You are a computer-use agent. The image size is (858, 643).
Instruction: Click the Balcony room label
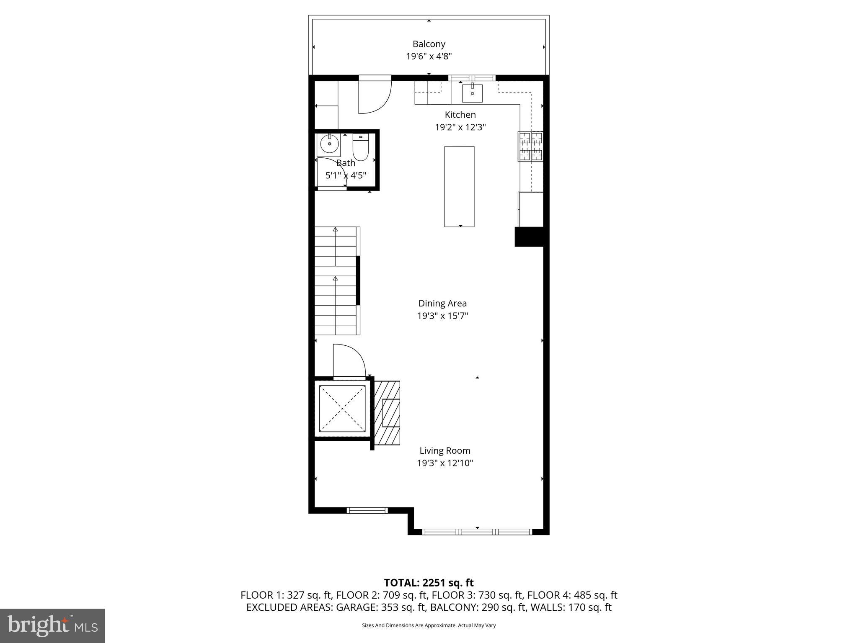[x=429, y=44]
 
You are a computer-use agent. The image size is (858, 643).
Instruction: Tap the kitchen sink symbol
[x=472, y=93]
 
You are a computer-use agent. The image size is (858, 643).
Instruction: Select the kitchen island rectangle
[x=459, y=187]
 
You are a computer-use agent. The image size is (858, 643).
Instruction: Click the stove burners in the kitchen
[x=530, y=147]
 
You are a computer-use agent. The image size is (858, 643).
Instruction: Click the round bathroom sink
[x=329, y=145]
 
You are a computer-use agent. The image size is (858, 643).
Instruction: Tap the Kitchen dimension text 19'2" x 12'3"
[x=460, y=127]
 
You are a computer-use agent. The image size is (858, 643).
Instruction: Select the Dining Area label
[x=442, y=303]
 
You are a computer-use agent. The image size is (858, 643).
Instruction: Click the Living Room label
[x=445, y=451]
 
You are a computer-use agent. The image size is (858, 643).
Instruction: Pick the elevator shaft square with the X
[x=342, y=409]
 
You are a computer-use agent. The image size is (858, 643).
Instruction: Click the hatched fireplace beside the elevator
[x=387, y=413]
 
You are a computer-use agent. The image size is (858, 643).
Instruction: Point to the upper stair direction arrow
[x=335, y=229]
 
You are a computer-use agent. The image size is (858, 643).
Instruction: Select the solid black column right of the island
[x=529, y=237]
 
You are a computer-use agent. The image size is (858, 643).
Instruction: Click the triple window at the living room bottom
[x=477, y=532]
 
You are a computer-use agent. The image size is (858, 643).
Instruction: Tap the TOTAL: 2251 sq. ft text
[x=429, y=583]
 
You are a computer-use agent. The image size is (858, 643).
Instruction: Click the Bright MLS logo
[x=52, y=625]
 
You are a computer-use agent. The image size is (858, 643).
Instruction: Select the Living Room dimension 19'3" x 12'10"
[x=445, y=463]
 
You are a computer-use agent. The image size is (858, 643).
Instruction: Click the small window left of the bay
[x=367, y=510]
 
